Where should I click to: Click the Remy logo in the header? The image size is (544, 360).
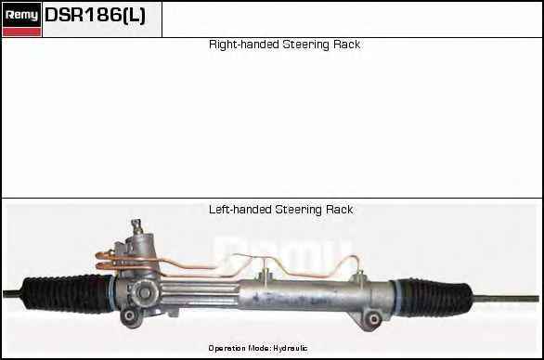point(21,15)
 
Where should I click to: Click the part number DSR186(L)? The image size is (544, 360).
point(95,15)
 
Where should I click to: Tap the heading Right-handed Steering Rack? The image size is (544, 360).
point(284,45)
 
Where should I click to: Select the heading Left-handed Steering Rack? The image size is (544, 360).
point(280,210)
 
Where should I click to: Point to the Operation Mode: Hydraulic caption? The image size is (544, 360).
point(258,348)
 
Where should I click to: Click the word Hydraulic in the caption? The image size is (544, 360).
point(290,348)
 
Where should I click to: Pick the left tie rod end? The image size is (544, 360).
point(12,294)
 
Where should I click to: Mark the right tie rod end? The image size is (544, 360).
point(506,298)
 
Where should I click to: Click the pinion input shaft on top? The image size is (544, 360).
point(136,226)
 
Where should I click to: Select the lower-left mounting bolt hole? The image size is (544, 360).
point(130,315)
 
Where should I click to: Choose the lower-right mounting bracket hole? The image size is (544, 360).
point(374,319)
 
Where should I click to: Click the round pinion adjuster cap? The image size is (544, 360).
point(144,293)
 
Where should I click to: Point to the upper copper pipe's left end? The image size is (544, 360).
point(99,255)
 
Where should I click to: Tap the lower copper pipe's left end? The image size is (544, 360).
point(99,266)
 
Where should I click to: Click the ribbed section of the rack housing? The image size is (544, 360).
point(200,294)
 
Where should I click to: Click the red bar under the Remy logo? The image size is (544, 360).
point(21,32)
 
